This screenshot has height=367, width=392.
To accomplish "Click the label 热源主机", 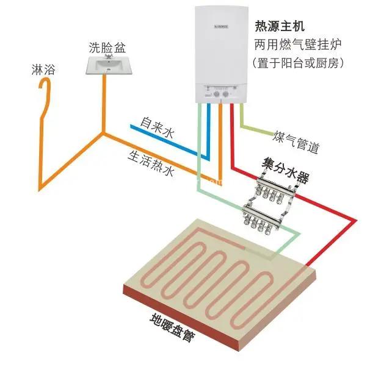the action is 280,26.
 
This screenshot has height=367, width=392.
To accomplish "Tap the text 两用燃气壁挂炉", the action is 298,45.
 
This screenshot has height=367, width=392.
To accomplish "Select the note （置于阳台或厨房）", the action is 298,63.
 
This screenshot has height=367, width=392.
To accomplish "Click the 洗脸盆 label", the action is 107,48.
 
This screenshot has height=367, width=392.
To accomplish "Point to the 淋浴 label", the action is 43,69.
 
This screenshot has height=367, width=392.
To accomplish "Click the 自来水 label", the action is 157,127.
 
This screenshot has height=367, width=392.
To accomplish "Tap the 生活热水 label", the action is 150,163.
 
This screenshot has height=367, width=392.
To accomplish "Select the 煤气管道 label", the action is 296,141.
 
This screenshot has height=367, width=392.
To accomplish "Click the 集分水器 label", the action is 285,170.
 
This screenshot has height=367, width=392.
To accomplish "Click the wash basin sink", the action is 108,65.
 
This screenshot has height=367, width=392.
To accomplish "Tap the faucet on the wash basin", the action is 108,56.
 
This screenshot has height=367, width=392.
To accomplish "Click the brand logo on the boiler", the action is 221,26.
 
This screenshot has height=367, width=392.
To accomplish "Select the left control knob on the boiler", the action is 217,94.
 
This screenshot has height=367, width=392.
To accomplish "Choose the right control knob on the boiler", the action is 226,94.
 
